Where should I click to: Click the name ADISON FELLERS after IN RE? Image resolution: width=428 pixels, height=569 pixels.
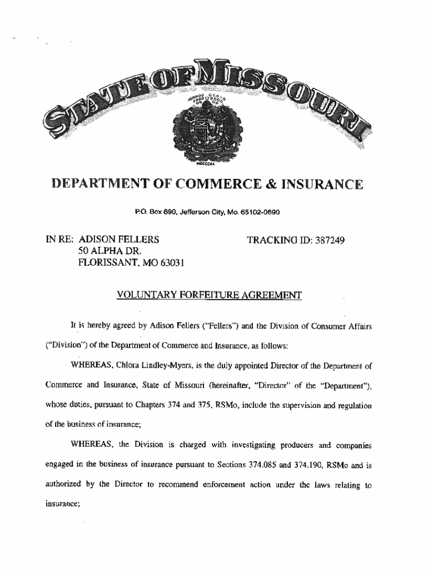tap(120, 240)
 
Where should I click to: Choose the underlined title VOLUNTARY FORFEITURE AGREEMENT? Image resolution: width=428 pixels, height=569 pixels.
tap(209, 295)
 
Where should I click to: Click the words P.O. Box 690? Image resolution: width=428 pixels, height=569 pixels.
tap(151, 212)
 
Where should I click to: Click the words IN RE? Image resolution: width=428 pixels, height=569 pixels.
tap(59, 240)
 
